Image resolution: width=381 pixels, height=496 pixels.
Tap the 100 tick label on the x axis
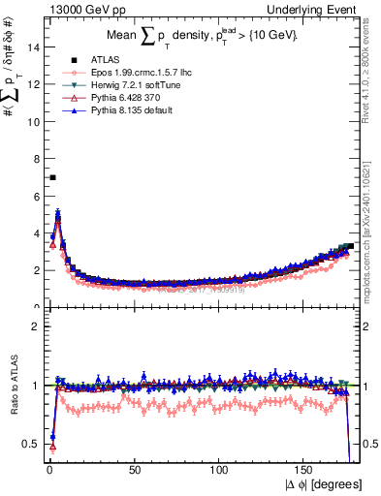coord(221,470)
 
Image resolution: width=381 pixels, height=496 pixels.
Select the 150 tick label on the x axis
coord(306,470)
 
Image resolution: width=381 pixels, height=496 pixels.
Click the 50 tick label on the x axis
coord(136,470)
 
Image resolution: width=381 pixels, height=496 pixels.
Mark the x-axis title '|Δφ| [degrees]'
coord(326,483)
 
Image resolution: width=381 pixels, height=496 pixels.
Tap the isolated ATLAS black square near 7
coord(52,177)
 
